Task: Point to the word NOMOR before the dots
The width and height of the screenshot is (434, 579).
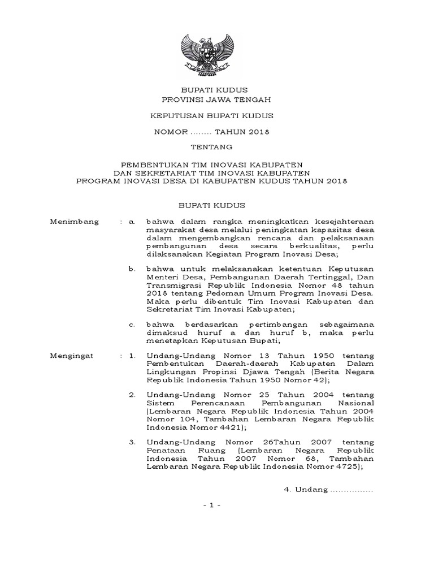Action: [x=171, y=132]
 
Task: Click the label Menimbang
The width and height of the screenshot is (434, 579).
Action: [x=75, y=222]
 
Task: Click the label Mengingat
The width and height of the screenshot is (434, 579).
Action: [x=73, y=357]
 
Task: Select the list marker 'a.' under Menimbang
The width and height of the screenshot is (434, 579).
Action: [x=132, y=222]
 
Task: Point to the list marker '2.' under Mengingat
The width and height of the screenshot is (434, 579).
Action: [x=132, y=393]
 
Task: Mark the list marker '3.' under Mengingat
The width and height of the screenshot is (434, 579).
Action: [x=132, y=441]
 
